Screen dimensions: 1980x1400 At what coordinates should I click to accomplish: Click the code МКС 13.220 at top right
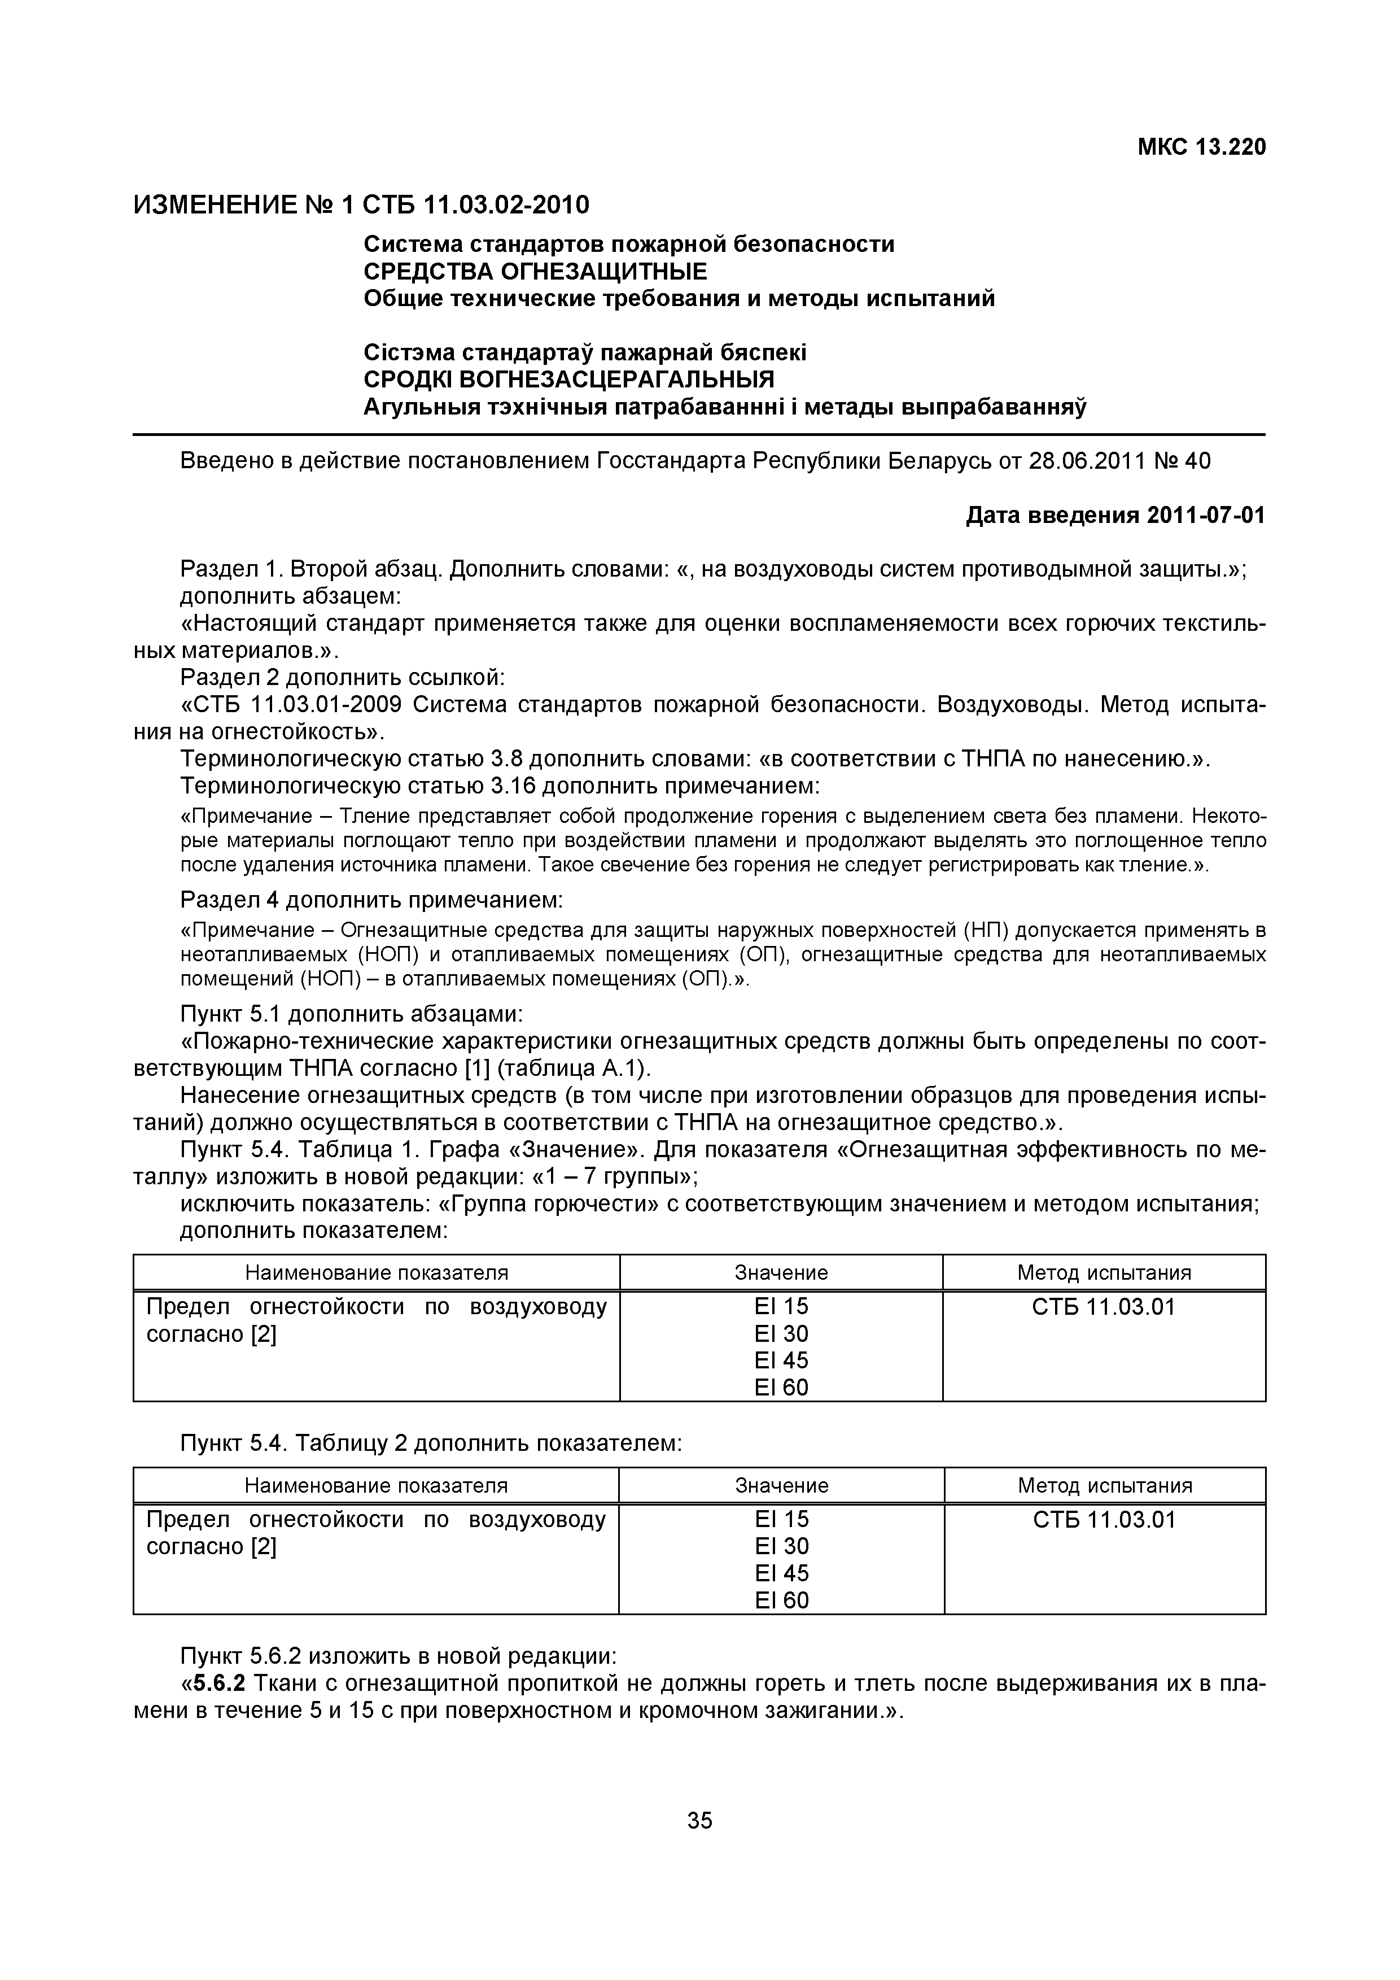click(1202, 147)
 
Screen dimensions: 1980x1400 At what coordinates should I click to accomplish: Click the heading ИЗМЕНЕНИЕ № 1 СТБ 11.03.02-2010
click(361, 205)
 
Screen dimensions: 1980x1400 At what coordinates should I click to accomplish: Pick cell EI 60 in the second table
click(782, 1600)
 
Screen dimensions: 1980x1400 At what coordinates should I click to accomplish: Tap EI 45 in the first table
click(781, 1361)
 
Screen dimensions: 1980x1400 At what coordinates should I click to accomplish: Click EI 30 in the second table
click(782, 1546)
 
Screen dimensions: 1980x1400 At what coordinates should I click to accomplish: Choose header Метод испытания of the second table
click(1104, 1486)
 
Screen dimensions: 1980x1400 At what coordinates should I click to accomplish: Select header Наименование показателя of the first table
click(377, 1273)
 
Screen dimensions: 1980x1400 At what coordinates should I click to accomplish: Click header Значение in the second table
click(782, 1486)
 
